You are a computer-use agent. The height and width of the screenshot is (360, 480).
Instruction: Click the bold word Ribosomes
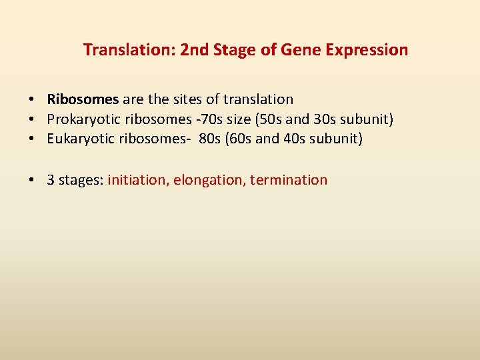(83, 99)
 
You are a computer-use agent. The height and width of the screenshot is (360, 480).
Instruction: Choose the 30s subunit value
(326, 119)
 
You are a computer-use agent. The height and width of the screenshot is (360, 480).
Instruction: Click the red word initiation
(136, 180)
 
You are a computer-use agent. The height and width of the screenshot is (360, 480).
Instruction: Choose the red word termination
(289, 180)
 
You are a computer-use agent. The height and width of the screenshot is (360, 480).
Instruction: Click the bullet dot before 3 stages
(32, 180)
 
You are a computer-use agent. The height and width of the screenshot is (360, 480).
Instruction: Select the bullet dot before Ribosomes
(32, 99)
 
